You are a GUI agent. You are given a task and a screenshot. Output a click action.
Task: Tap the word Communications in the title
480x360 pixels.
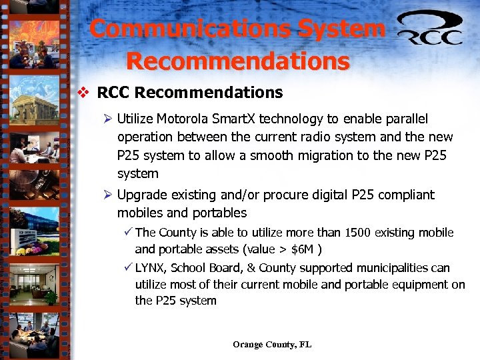[x=190, y=29]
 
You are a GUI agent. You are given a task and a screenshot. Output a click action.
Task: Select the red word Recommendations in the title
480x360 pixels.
[x=237, y=61]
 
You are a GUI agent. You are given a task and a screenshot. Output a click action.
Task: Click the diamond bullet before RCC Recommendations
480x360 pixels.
[x=83, y=93]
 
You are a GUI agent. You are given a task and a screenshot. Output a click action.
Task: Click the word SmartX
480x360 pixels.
[x=231, y=119]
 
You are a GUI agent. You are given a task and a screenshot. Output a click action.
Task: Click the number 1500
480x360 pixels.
[x=359, y=233]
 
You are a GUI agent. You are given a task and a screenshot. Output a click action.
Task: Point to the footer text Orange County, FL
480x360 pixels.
[x=272, y=345]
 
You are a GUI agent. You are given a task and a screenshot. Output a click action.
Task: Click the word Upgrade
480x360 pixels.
[x=141, y=195]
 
